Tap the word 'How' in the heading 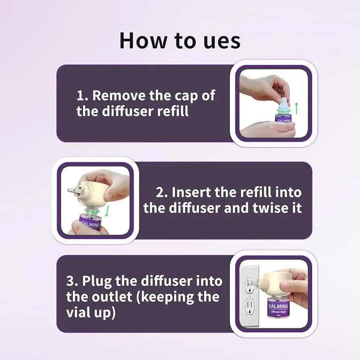point(142,40)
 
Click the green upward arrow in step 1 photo point(297,108)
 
